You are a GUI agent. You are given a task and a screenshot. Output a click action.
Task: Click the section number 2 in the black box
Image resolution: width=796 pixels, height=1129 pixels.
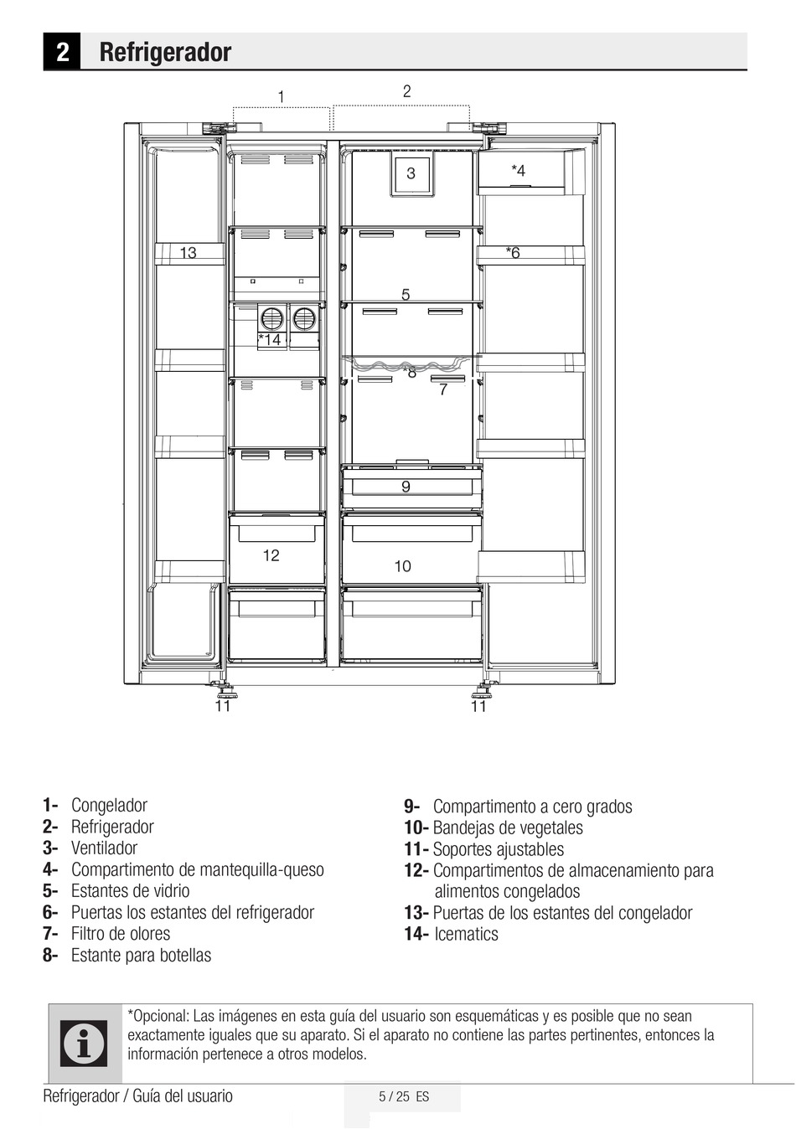pos(62,52)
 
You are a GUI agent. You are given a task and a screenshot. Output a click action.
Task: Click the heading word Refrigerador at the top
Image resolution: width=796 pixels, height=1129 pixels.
pos(165,53)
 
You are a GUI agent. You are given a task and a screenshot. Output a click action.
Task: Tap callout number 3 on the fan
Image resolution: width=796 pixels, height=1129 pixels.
pos(411,173)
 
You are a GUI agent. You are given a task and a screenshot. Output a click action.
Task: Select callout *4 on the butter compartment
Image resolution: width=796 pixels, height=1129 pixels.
pos(518,171)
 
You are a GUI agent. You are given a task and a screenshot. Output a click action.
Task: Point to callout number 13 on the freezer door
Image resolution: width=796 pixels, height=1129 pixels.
pos(188,252)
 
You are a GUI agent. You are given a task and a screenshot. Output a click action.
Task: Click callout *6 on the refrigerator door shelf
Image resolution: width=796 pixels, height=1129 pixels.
pos(513,252)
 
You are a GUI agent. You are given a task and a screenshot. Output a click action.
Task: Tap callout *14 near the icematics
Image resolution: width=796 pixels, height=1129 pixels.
pos(270,339)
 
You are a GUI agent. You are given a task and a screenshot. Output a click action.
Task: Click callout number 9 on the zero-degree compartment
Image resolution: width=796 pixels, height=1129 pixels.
pos(406,487)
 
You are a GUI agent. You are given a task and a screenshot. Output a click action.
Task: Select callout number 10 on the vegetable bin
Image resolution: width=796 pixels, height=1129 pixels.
pos(403,566)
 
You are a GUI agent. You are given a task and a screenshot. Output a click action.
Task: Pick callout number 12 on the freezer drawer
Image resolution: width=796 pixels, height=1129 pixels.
pos(271,555)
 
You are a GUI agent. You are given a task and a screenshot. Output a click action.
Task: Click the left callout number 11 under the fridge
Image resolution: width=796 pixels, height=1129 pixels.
pos(222,706)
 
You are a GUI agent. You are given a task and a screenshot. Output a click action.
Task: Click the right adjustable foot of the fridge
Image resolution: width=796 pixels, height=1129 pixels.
pos(488,687)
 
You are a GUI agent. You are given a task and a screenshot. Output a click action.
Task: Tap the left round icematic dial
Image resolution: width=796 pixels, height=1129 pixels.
pos(272,318)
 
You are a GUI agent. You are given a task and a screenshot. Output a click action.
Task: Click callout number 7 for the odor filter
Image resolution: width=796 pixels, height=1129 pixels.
pos(443,389)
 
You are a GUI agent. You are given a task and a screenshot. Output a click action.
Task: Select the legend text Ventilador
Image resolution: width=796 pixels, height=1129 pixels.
pos(105,848)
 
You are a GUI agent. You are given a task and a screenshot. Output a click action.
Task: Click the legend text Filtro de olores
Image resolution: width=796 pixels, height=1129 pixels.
pos(121,934)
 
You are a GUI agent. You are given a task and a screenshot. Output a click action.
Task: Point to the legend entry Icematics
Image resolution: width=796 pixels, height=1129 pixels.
pos(467,934)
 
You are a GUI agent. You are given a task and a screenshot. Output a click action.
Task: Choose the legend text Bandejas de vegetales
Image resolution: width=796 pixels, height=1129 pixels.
pos(508,827)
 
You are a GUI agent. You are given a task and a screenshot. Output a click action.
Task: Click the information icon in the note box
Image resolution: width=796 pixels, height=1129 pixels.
pos(84,1044)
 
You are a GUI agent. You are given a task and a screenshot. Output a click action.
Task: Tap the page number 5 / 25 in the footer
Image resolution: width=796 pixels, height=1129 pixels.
pos(394,1096)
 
